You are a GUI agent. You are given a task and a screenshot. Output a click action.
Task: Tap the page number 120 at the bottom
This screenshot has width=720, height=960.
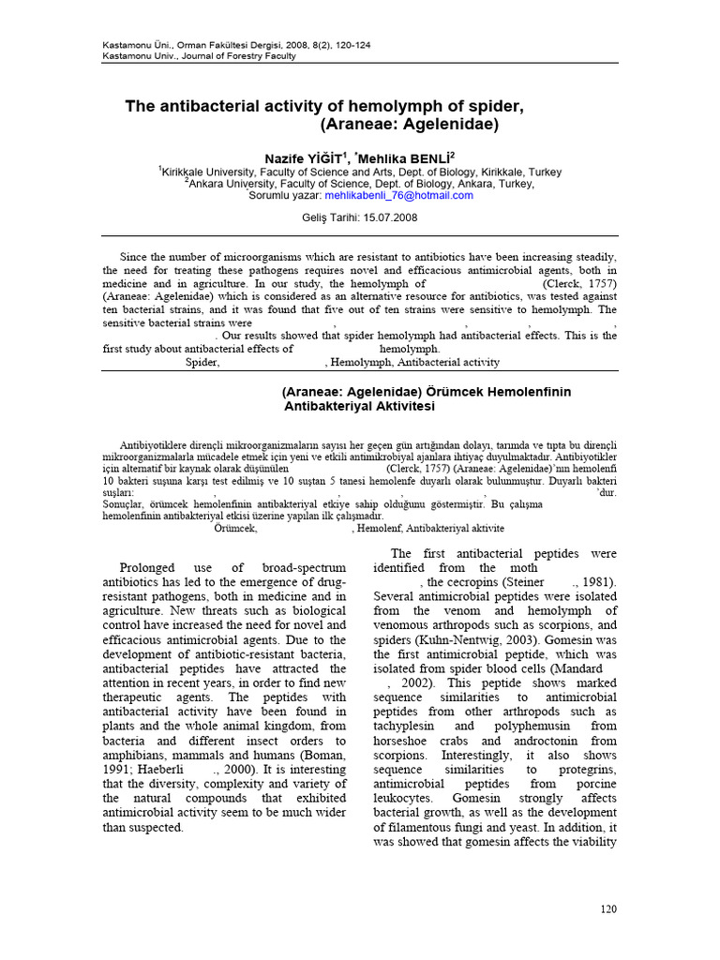point(608,909)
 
